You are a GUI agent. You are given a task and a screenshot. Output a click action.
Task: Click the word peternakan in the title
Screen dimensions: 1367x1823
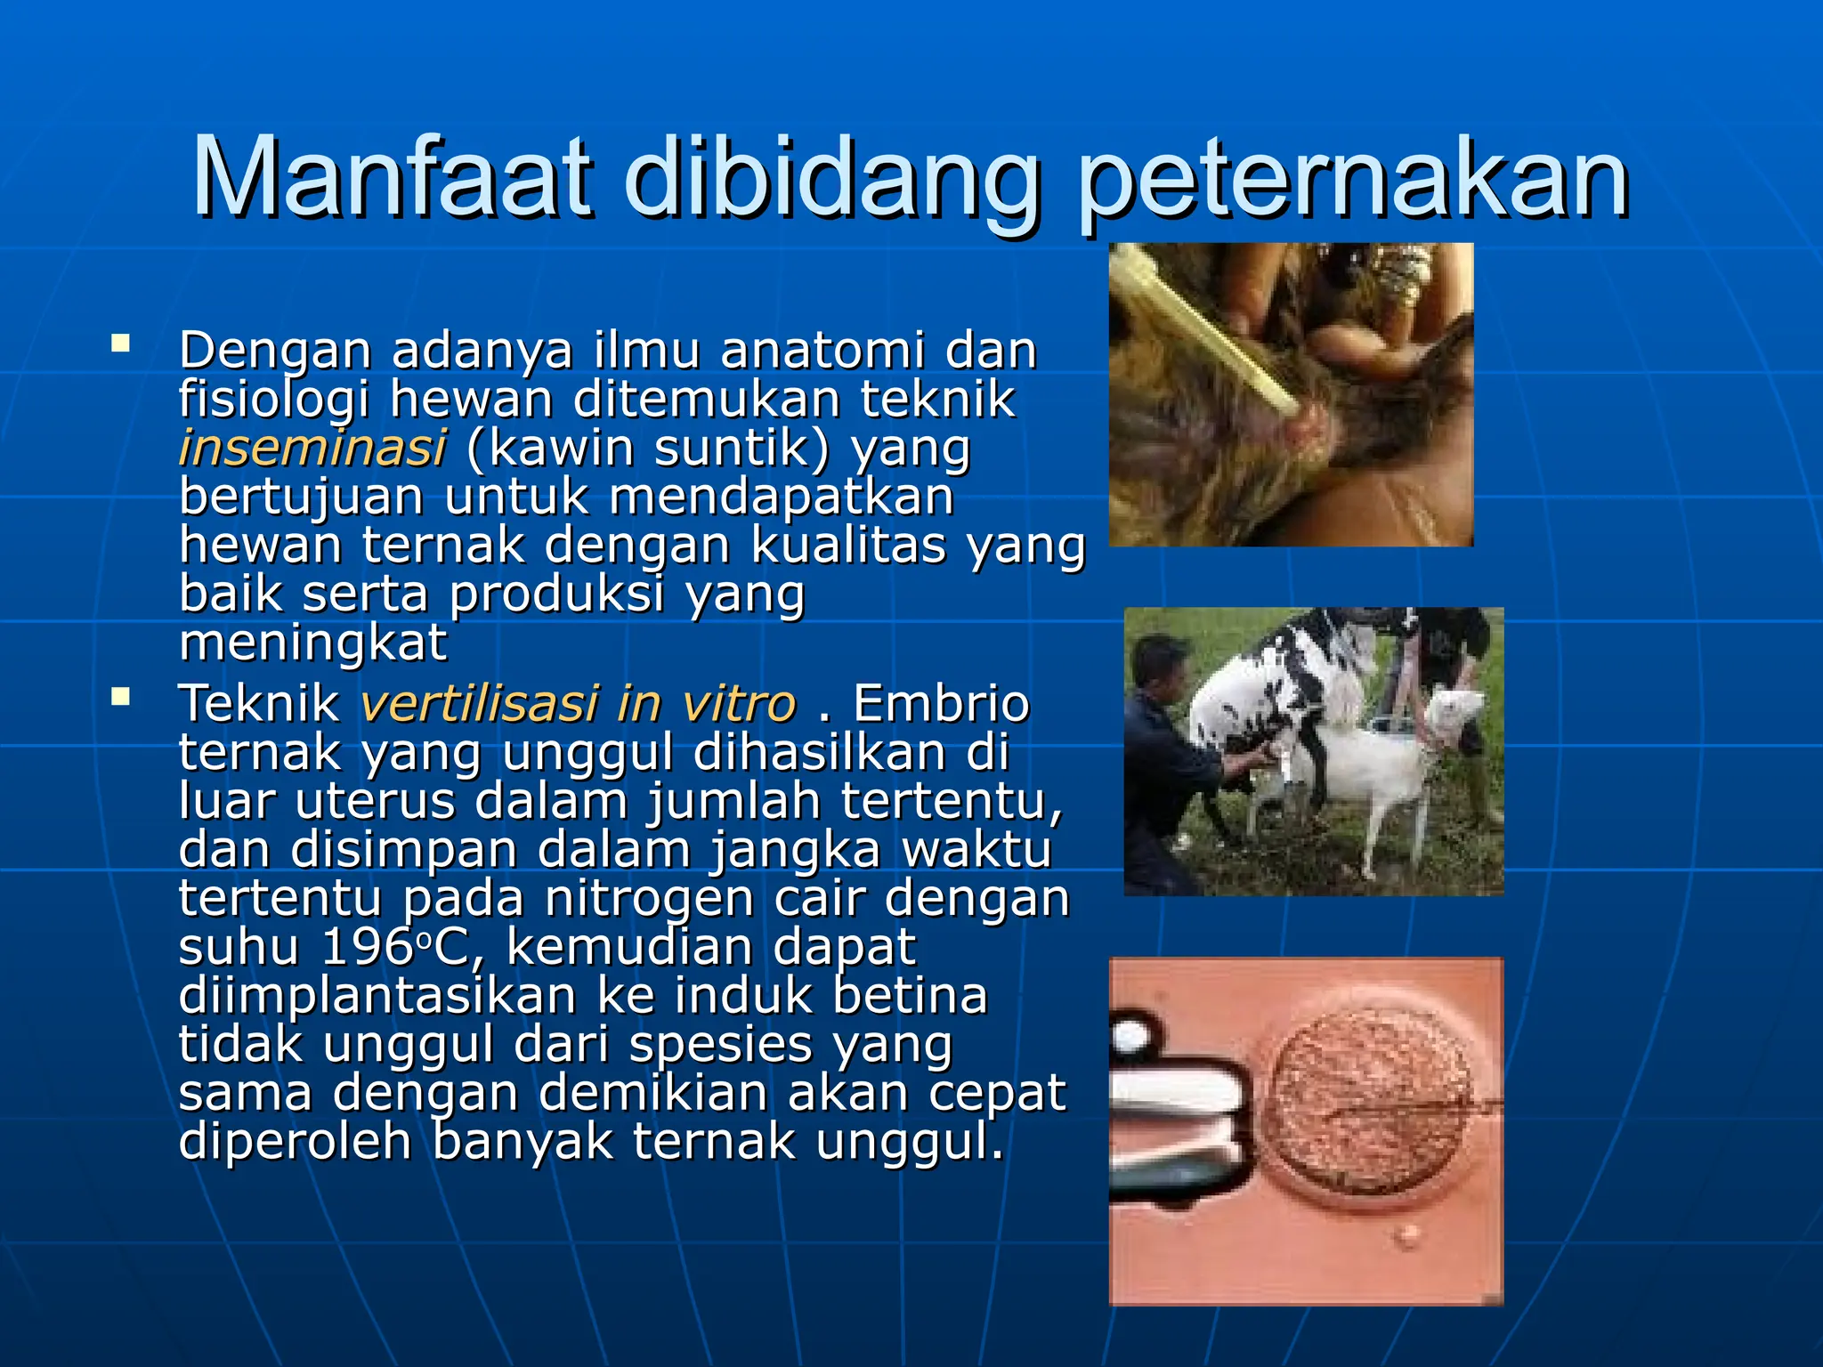tap(1353, 182)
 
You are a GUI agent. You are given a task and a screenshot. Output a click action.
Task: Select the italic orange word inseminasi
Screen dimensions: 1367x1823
tap(312, 447)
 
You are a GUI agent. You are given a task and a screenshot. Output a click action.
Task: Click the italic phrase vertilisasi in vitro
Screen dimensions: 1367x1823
tap(578, 704)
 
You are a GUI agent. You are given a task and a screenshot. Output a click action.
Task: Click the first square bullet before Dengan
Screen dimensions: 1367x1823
tap(120, 344)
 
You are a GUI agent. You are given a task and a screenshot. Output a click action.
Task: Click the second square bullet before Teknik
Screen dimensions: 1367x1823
tap(120, 697)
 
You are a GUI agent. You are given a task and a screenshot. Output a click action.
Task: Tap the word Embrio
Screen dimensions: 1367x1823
tap(941, 704)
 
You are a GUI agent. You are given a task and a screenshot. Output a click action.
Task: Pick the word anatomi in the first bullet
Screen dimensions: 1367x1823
tap(824, 350)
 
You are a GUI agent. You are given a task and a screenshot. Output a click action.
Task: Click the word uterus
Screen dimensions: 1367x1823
tap(375, 801)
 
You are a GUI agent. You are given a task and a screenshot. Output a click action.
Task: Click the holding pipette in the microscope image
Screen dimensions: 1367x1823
tap(1175, 1104)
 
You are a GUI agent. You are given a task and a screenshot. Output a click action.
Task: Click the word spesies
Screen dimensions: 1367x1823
tap(720, 1045)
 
